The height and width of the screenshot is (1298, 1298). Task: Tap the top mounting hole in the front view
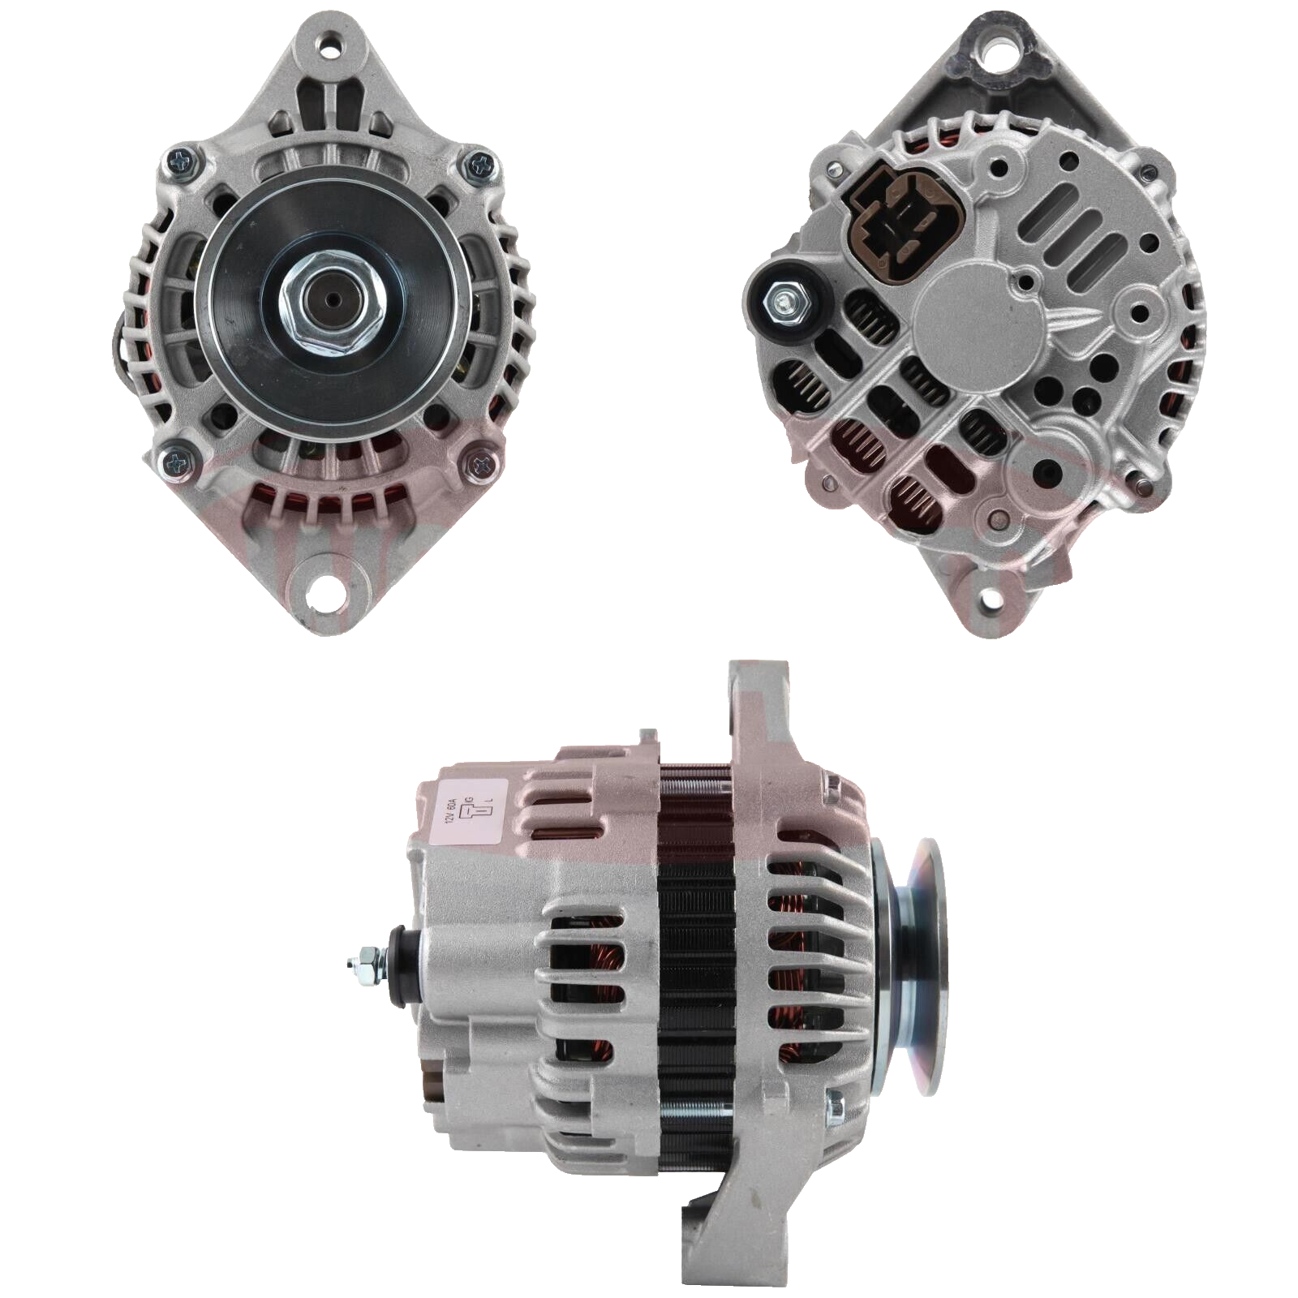[x=331, y=45]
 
